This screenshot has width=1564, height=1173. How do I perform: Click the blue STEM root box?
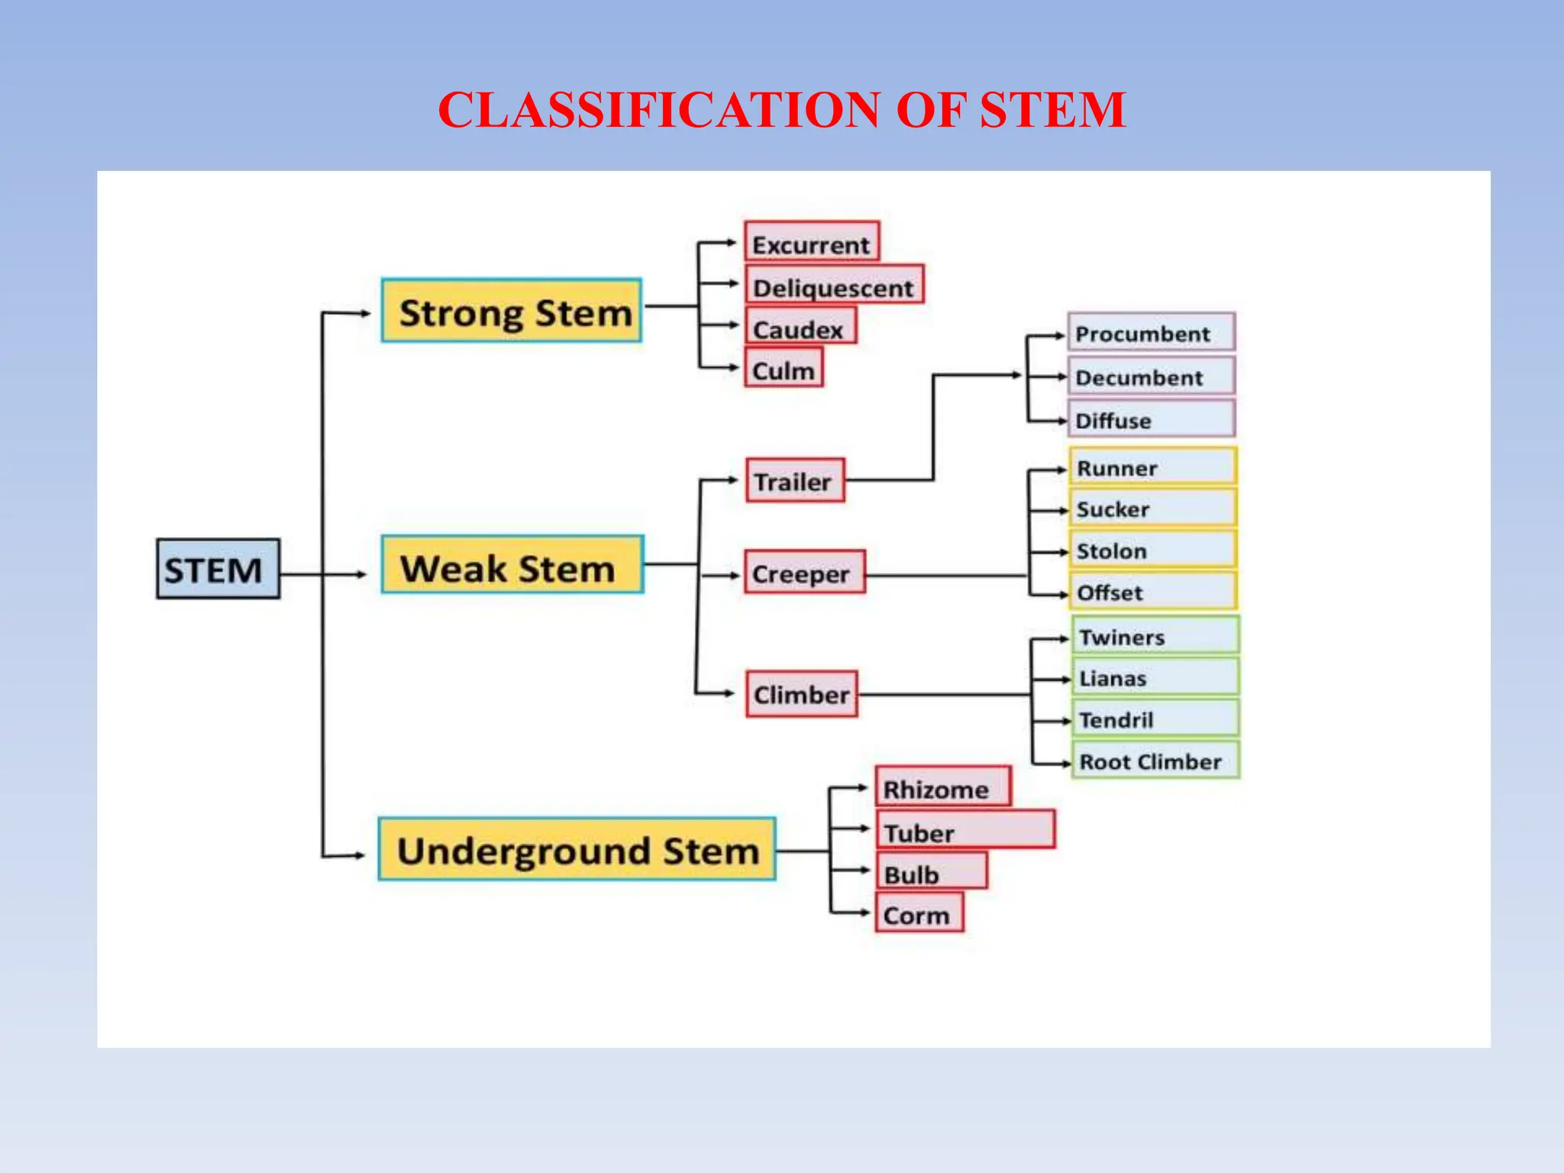click(218, 569)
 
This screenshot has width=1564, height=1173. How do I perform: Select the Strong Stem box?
click(512, 311)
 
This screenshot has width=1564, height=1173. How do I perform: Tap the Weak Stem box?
click(512, 565)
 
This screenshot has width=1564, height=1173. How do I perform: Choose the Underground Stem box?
click(577, 849)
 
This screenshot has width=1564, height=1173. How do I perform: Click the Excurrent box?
click(812, 242)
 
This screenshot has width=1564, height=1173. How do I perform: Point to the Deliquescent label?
click(833, 287)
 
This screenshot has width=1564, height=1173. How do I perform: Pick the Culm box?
click(784, 368)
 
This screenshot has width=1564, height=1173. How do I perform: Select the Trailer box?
click(795, 480)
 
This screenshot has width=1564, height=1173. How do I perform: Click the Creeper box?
click(804, 572)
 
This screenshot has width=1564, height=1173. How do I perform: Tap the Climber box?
click(801, 693)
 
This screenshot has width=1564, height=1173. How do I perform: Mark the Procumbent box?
click(1151, 333)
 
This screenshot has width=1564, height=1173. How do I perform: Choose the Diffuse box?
click(1151, 419)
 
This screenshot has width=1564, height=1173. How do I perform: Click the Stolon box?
click(1152, 550)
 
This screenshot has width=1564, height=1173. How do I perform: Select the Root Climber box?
click(1155, 761)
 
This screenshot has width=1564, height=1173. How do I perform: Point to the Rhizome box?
click(942, 787)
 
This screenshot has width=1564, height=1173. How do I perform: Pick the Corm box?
click(919, 913)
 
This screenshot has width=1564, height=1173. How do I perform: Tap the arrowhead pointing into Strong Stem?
click(365, 313)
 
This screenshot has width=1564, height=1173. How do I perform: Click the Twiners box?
click(1155, 635)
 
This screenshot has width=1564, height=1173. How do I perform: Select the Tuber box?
click(965, 830)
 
